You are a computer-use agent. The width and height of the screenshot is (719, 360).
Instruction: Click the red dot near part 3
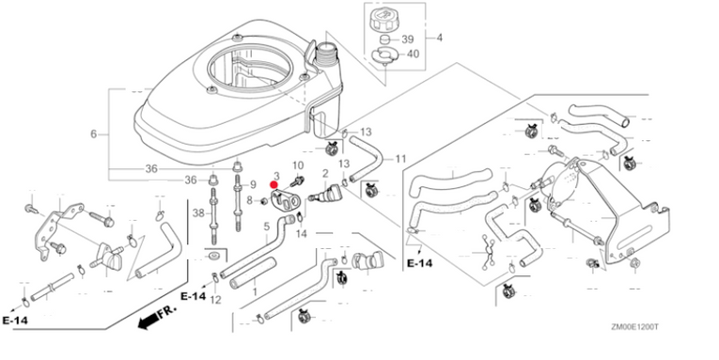coord(274,185)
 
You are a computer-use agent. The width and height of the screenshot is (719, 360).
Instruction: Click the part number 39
coord(408,39)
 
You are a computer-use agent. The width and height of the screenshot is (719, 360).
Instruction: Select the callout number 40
coord(414,55)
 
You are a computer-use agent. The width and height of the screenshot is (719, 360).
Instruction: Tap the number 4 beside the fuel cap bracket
coord(439,38)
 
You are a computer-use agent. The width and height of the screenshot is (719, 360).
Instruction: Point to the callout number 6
coord(94,133)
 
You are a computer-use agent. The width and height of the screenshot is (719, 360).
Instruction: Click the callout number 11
coord(400,159)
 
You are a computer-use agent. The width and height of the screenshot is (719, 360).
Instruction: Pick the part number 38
coord(198,212)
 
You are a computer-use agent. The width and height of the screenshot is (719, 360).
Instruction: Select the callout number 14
coord(302,234)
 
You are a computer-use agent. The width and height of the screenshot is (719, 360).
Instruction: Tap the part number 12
coord(215,301)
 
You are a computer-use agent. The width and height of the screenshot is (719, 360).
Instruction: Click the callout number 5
coord(266,227)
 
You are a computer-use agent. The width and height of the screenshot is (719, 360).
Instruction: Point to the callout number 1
coord(255,290)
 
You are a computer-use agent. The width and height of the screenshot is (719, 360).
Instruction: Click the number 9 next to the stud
coord(253,185)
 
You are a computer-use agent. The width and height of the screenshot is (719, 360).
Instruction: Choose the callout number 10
coord(298,165)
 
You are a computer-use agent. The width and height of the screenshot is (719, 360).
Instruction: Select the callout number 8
coord(250,200)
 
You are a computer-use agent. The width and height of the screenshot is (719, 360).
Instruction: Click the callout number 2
coord(325,173)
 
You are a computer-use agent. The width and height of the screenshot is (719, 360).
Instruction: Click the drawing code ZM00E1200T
coord(634,326)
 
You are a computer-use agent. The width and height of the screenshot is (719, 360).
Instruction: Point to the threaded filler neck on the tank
coord(326,53)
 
